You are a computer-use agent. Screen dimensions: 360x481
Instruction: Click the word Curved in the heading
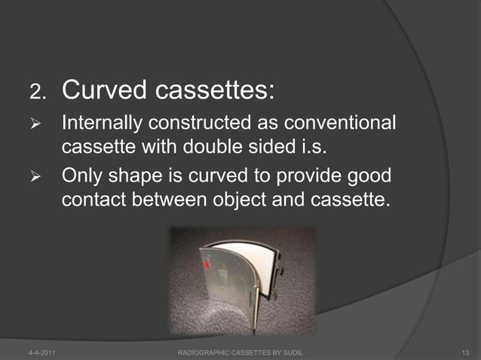(104, 91)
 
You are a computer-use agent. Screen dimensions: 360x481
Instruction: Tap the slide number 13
(464, 352)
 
